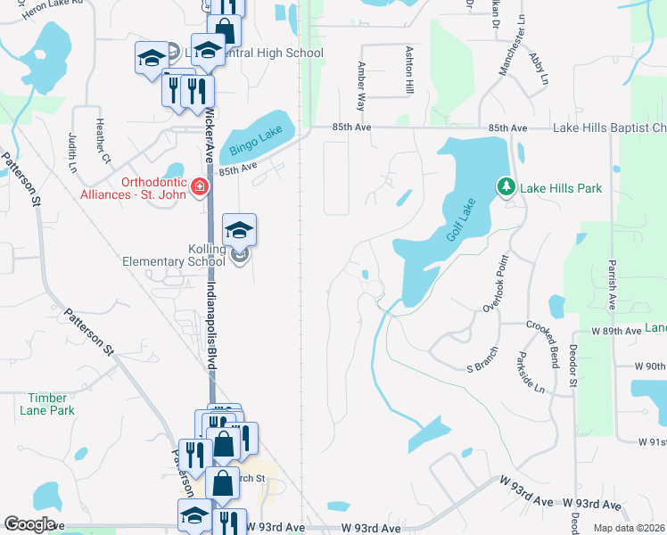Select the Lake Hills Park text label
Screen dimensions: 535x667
561,188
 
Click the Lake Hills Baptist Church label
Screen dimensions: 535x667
609,128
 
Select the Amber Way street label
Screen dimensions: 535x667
362,86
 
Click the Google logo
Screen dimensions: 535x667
29,524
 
